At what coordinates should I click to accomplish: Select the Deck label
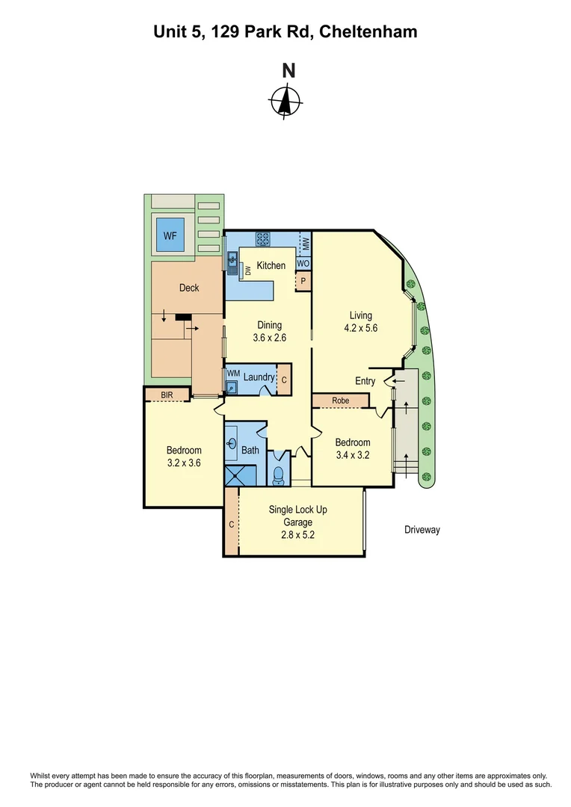pos(189,287)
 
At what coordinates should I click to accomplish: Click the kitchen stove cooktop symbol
pos(262,239)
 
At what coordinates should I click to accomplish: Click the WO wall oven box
pos(303,264)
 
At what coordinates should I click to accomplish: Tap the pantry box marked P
pos(303,282)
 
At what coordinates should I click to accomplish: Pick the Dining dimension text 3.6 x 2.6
pos(269,338)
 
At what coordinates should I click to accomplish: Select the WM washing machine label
pos(232,373)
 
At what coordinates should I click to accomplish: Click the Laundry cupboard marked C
pos(284,379)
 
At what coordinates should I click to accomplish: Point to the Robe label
pos(341,401)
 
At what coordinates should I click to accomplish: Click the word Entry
pos(365,381)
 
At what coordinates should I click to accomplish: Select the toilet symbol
pos(278,473)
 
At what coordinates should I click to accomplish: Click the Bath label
pos(250,450)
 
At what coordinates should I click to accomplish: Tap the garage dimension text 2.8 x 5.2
pos(297,523)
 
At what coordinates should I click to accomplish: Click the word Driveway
pos(422,530)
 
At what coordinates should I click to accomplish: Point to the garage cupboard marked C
pos(232,525)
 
